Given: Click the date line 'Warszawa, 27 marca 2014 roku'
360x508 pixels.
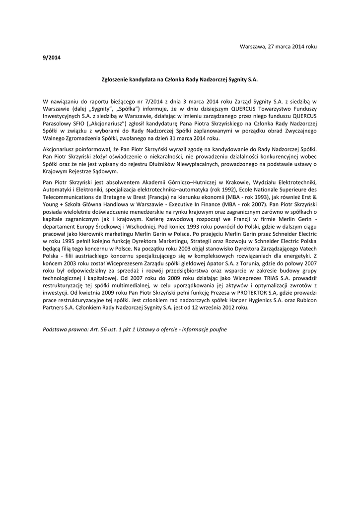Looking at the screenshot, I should pos(278,46).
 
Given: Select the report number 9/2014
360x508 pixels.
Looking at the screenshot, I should pos(52,58).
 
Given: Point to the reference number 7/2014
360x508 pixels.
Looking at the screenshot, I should pos(149,101).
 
